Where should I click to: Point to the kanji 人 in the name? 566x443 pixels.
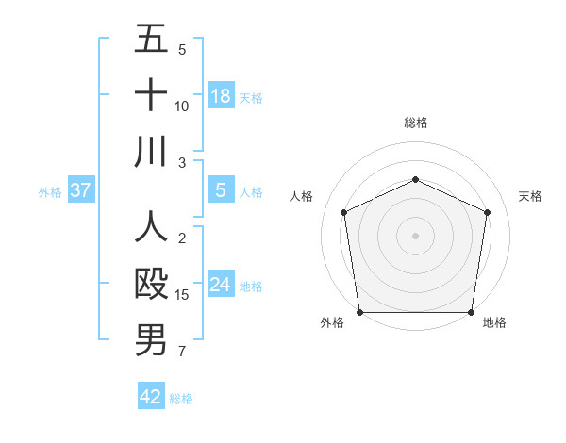point(151,227)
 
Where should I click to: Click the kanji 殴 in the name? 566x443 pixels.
point(151,284)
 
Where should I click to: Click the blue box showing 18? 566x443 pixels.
point(221,96)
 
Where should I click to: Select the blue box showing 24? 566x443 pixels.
point(221,286)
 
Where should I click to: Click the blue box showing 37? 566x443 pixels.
point(81,191)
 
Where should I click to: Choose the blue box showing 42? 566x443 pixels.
point(151,397)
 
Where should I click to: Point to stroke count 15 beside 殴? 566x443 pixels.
point(182,295)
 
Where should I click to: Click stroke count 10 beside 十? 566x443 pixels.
point(182,106)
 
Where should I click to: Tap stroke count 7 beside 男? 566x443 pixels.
point(182,352)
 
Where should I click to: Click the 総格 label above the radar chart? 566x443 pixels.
point(415,123)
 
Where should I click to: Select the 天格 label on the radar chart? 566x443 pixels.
point(530,196)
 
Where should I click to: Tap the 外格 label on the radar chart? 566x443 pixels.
point(332,322)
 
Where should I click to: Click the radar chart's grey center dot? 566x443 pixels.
point(415,235)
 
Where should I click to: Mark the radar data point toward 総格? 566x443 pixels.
point(415,180)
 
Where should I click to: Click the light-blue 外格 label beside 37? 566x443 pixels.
point(49,192)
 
